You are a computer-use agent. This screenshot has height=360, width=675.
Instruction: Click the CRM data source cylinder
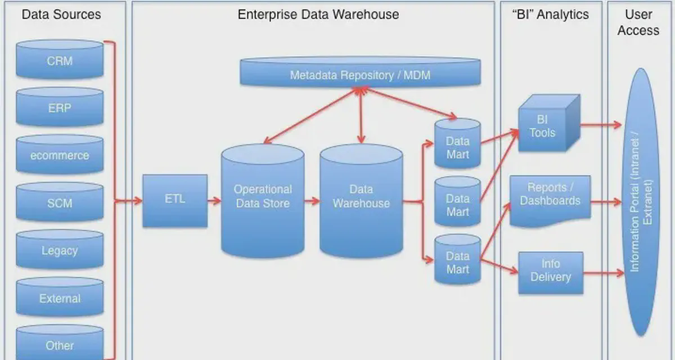(60, 60)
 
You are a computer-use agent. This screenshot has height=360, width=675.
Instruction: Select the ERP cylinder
(60, 107)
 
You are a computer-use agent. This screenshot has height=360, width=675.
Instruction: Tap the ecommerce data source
(60, 155)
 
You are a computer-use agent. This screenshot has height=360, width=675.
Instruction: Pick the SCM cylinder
(60, 203)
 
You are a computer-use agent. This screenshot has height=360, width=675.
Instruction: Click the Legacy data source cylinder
(60, 251)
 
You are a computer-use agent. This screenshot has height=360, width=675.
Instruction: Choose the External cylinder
(60, 299)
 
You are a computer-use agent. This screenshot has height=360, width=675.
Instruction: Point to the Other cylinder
(60, 344)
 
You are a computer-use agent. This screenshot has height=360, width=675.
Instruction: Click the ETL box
(174, 200)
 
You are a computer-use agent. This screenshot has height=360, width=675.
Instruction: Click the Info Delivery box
(550, 272)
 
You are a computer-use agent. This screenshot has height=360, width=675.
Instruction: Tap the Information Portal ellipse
(641, 202)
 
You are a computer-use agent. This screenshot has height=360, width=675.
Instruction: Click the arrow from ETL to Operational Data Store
(214, 200)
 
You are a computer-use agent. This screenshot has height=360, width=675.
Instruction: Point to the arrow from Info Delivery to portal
(604, 273)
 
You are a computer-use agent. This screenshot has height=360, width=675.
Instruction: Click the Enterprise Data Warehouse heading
(318, 14)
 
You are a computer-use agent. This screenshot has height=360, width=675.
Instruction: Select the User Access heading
(638, 22)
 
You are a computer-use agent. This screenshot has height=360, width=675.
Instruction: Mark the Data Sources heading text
(61, 14)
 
